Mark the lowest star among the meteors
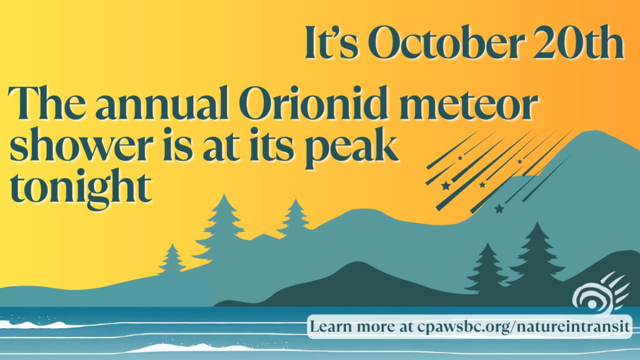click(x=499, y=209)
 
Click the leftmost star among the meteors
click(x=446, y=186)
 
